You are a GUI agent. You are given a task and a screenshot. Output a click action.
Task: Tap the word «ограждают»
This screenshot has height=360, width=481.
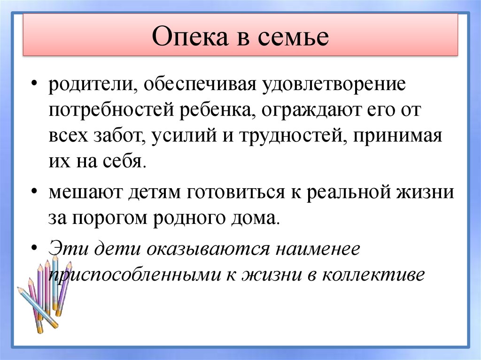(306, 111)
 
